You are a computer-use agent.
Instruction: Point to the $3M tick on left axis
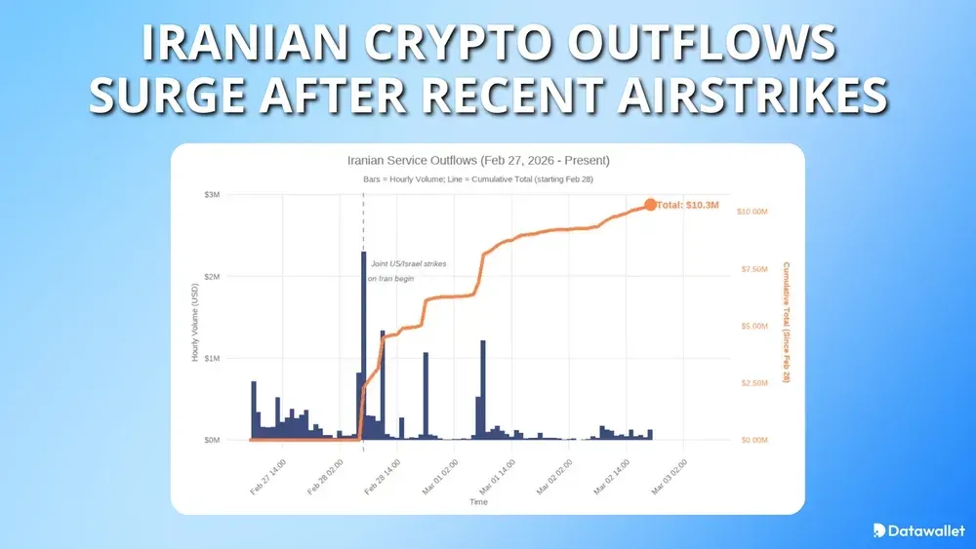point(212,195)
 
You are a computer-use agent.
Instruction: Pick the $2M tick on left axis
point(212,277)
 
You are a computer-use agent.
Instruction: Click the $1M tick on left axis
point(212,359)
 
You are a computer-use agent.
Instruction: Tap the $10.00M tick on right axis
point(752,212)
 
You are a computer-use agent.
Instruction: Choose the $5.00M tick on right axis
point(752,326)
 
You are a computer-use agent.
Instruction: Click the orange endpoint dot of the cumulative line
point(650,205)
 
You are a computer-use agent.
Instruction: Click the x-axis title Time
point(478,502)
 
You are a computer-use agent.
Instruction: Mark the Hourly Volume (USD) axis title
point(195,318)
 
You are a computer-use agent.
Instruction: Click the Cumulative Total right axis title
point(786,322)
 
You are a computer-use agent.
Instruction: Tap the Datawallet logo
point(918,530)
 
